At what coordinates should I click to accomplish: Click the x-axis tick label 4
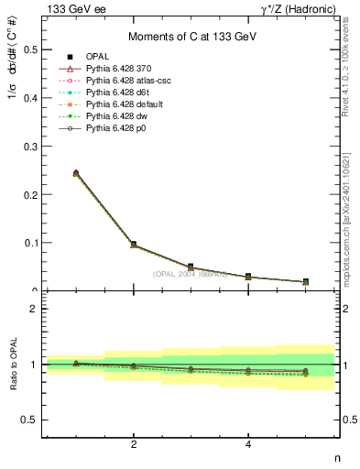pos(248,445)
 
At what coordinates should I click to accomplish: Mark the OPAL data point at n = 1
pos(76,173)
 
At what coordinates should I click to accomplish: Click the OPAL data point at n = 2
pos(134,245)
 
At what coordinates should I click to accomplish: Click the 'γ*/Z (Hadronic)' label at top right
pos(300,9)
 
